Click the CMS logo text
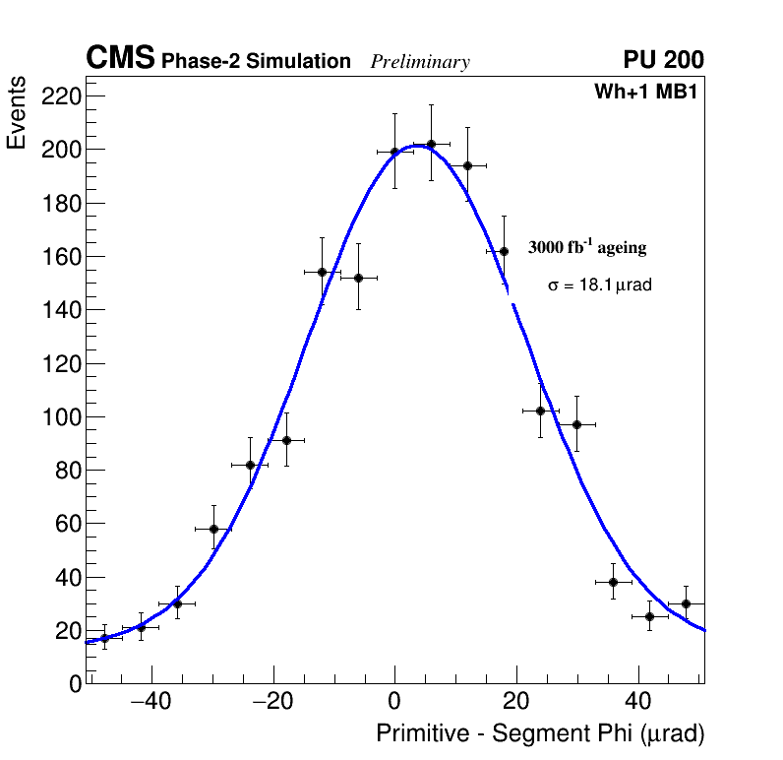[x=120, y=59]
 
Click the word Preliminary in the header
[x=420, y=62]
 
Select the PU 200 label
[x=663, y=60]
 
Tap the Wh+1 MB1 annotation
[x=645, y=93]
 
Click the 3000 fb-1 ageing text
[x=587, y=247]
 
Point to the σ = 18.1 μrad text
[x=599, y=285]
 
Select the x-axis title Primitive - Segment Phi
[x=540, y=734]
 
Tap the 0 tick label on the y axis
[x=75, y=684]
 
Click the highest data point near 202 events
[x=431, y=144]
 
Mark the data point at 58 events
[x=213, y=529]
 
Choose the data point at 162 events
[x=504, y=251]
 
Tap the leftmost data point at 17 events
[x=104, y=638]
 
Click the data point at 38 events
[x=613, y=582]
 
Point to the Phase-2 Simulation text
[x=256, y=62]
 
